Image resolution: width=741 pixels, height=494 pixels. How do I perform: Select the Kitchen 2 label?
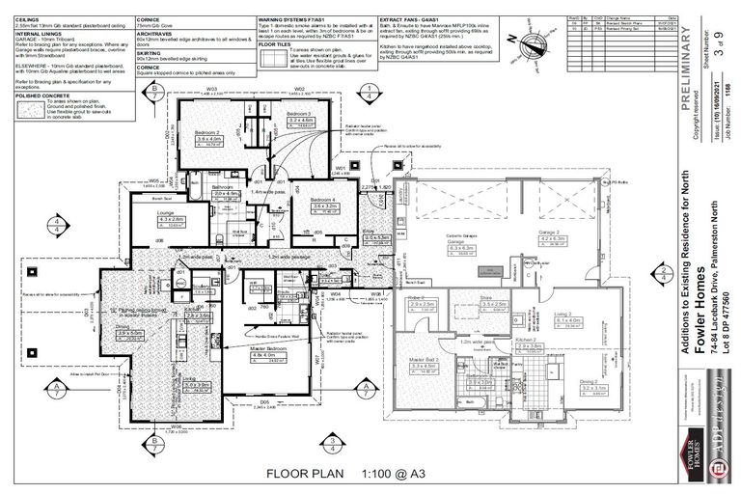tap(526, 342)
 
